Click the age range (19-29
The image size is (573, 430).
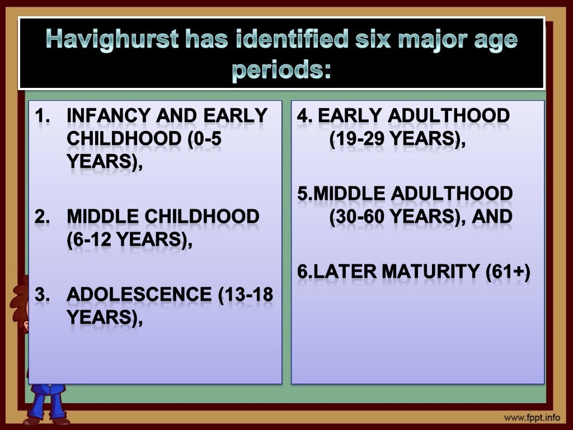[x=359, y=139]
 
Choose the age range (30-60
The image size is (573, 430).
[x=360, y=217]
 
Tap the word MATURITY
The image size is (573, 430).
[x=431, y=272]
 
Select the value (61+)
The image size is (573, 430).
[x=508, y=272]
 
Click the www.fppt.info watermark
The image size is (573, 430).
[x=531, y=418]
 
